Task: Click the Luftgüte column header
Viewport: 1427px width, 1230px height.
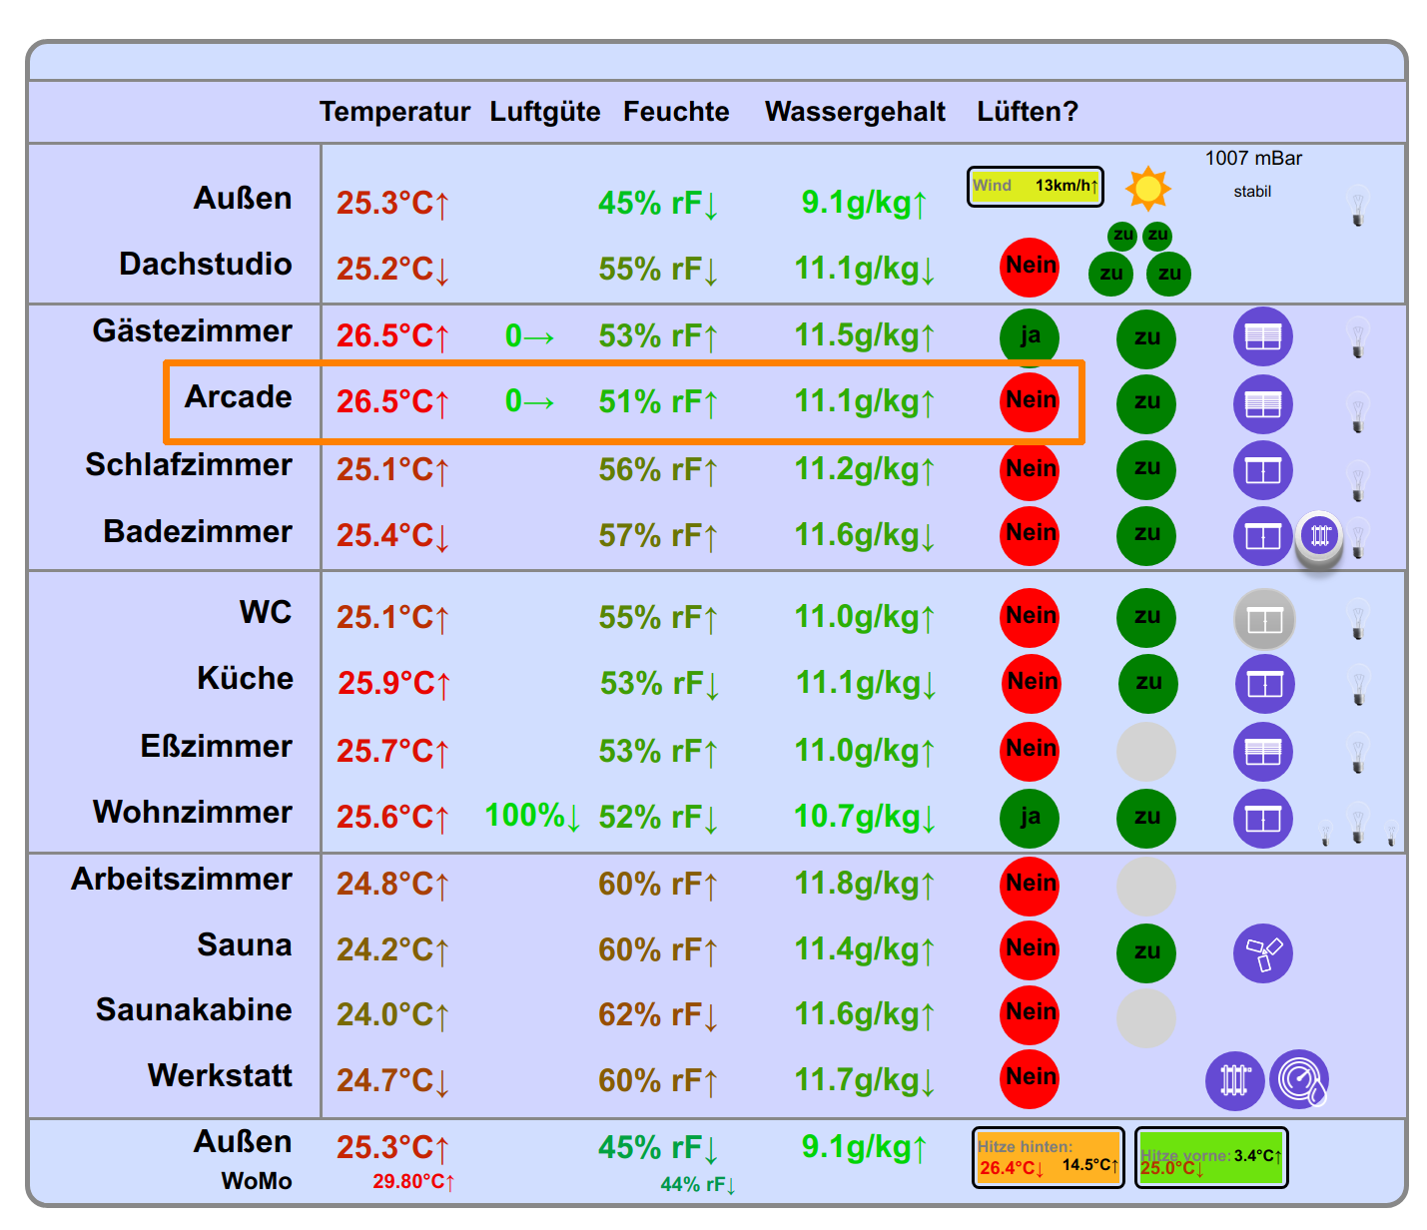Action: pos(544,112)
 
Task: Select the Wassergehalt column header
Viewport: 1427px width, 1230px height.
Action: pos(855,112)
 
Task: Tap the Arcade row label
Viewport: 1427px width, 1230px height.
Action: pos(238,397)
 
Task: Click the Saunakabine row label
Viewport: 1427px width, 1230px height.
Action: pos(194,1010)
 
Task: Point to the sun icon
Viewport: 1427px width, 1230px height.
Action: pos(1147,188)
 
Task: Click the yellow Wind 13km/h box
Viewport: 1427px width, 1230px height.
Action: pos(1035,187)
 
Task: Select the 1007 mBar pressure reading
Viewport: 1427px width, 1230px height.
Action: pos(1253,159)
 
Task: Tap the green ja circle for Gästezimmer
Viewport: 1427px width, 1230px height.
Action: pos(1030,337)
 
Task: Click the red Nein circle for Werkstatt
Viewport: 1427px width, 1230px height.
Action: pos(1030,1078)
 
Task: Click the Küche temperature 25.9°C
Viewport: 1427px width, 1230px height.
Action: pos(393,684)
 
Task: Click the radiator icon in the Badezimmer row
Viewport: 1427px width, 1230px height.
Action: pos(1320,536)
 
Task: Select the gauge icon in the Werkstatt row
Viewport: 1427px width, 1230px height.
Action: pos(1298,1080)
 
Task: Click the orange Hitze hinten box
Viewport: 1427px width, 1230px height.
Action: pos(1048,1158)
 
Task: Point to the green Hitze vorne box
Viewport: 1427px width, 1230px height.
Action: pos(1211,1158)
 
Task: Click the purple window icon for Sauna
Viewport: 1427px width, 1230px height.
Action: pos(1263,953)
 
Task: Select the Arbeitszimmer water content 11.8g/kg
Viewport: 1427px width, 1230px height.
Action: pos(864,885)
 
